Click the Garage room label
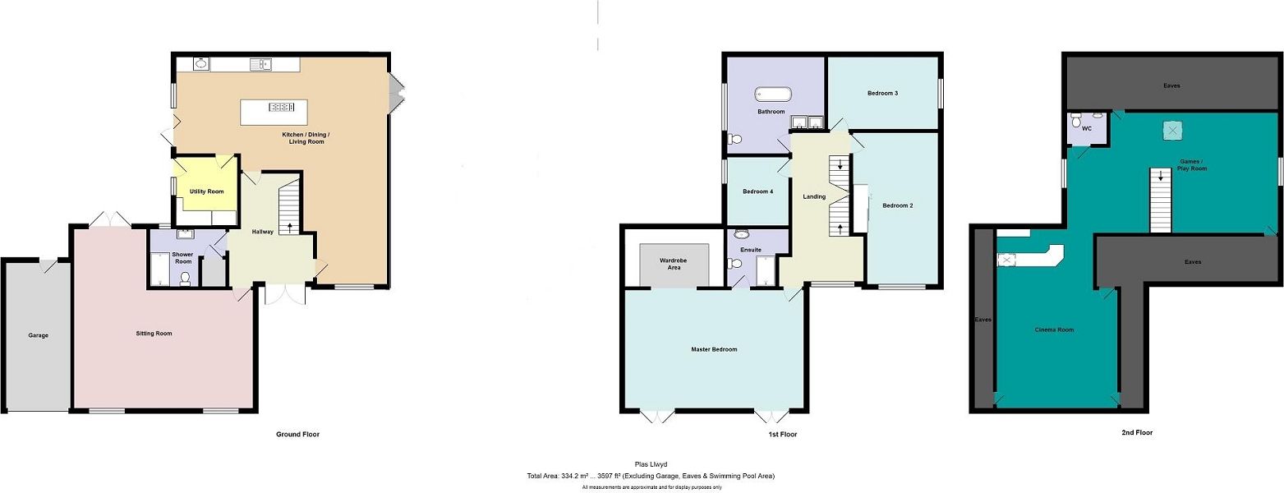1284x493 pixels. (x=38, y=335)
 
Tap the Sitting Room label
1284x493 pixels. (x=154, y=334)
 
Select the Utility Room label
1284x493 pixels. (x=206, y=191)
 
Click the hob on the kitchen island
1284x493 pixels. (x=282, y=107)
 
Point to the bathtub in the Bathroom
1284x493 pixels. (x=772, y=93)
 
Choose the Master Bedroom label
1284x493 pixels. (x=713, y=349)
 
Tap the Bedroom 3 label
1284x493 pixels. (x=882, y=93)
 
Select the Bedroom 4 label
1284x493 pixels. (x=757, y=191)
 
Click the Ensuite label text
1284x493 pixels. (x=750, y=250)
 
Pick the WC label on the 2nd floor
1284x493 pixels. (x=1086, y=129)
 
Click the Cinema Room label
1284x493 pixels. (x=1053, y=329)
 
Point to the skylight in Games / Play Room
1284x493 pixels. (x=1171, y=130)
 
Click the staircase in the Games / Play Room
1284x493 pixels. (x=1160, y=199)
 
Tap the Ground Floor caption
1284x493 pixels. (x=297, y=434)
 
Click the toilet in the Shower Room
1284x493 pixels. (x=185, y=279)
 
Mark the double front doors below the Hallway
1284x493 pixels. (x=285, y=294)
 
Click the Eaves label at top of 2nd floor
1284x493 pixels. (x=1172, y=85)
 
